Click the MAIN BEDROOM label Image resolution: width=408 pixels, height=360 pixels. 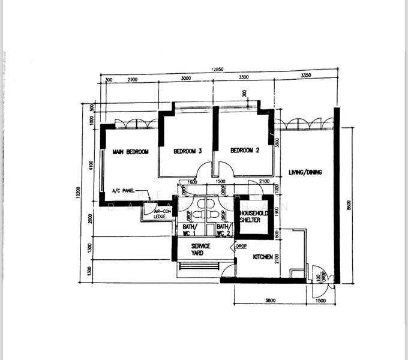pyautogui.click(x=131, y=152)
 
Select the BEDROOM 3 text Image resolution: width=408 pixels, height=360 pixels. pyautogui.click(x=187, y=151)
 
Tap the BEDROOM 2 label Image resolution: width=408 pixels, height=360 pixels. pyautogui.click(x=244, y=151)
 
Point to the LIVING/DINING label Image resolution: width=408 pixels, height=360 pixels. pyautogui.click(x=305, y=172)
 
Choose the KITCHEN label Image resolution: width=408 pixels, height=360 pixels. pyautogui.click(x=263, y=257)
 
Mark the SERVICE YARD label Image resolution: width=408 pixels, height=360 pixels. pyautogui.click(x=200, y=250)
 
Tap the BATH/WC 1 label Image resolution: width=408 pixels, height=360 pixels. pyautogui.click(x=190, y=230)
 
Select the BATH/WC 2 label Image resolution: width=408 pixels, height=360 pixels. pyautogui.click(x=223, y=230)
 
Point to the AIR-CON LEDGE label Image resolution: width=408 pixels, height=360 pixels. pyautogui.click(x=160, y=214)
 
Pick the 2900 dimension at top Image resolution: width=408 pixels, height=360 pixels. pyautogui.click(x=133, y=79)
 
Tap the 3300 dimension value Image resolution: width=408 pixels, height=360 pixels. pyautogui.click(x=242, y=77)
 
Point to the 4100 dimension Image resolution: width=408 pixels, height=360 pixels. pyautogui.click(x=91, y=165)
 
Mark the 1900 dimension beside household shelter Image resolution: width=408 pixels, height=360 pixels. pyautogui.click(x=277, y=211)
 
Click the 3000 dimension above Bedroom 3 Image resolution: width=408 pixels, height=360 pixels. pyautogui.click(x=185, y=78)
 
